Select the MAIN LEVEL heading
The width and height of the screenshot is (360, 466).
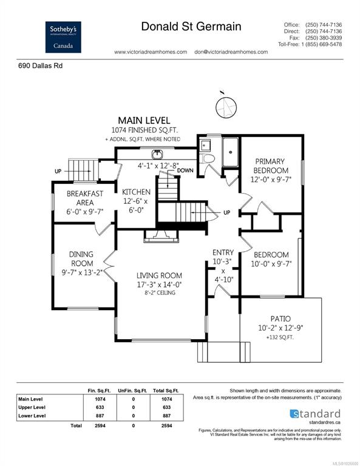144,120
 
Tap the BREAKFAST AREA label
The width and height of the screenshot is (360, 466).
85,198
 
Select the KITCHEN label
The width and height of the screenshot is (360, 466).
137,192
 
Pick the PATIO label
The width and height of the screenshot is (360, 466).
280,319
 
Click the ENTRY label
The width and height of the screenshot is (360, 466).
223,252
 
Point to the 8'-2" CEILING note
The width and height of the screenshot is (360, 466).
159,292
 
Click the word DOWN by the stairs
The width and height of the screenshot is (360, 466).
186,171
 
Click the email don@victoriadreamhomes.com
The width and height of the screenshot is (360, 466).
231,52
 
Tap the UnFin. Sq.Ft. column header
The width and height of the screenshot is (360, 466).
133,391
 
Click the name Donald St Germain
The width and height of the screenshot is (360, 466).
191,27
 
